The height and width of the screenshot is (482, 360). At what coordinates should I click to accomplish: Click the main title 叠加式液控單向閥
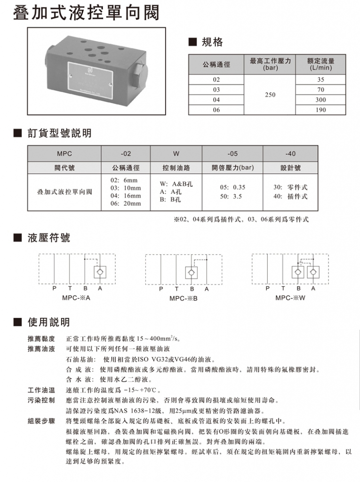[x=86, y=13]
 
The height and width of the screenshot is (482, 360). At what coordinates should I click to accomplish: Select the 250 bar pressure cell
[x=270, y=95]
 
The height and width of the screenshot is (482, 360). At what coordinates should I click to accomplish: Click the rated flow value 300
[x=321, y=100]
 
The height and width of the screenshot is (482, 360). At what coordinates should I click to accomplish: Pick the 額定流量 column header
[x=321, y=64]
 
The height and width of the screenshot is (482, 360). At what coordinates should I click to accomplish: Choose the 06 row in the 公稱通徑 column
[x=216, y=110]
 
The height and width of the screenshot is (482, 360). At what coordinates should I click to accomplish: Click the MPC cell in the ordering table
[x=64, y=153]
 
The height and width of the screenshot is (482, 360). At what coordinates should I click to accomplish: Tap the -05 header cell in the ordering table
[x=232, y=153]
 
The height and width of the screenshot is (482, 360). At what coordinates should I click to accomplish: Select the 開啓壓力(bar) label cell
[x=232, y=168]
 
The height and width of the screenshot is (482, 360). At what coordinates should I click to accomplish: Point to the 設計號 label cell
[x=290, y=168]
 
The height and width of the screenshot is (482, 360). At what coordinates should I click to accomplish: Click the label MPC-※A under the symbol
[x=76, y=297]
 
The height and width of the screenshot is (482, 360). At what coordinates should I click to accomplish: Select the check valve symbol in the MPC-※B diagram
[x=191, y=272]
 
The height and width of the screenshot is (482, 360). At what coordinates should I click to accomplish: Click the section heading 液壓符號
[x=49, y=238]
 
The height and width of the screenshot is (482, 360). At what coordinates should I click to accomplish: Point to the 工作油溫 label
[x=42, y=390]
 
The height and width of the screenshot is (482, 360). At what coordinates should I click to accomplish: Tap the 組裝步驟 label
[x=42, y=420]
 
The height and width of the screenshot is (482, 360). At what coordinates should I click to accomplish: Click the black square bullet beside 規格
[x=192, y=42]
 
